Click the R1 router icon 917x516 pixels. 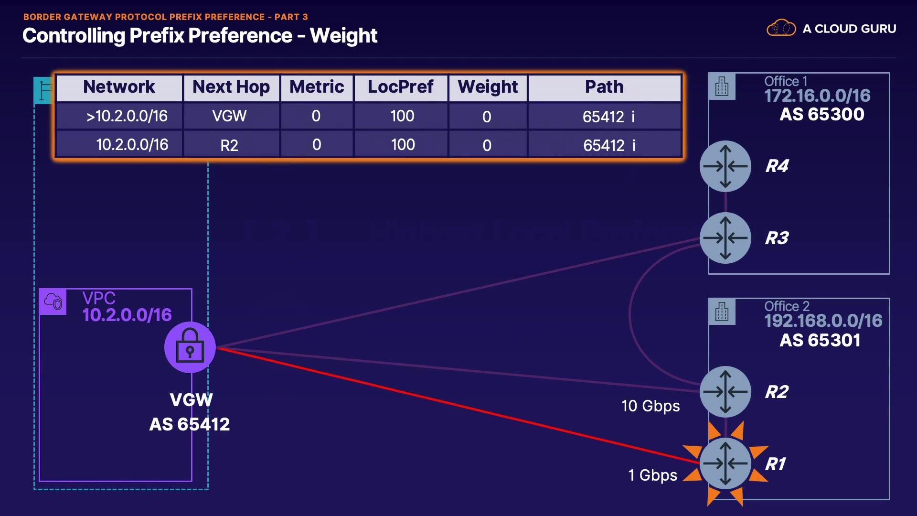(x=725, y=463)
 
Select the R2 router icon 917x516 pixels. (x=725, y=391)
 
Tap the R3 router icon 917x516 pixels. (x=725, y=238)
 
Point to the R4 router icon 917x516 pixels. (x=725, y=166)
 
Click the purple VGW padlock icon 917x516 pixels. (x=190, y=347)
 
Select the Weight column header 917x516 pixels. (x=488, y=87)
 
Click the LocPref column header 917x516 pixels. (x=400, y=87)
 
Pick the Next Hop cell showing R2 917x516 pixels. (x=229, y=145)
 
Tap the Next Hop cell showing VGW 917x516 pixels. (x=229, y=116)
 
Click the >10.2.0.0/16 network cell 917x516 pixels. (x=127, y=116)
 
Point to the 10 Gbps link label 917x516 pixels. (x=650, y=406)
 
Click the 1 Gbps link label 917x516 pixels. (x=652, y=475)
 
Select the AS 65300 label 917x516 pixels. (x=822, y=115)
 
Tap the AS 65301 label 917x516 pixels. (x=820, y=340)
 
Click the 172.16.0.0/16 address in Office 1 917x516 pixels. (x=817, y=96)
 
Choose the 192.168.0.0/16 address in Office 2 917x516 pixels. (x=823, y=321)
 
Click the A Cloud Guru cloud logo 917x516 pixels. (x=781, y=28)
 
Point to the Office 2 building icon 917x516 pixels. (x=722, y=312)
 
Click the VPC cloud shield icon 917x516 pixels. (x=53, y=301)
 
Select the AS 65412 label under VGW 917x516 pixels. (x=190, y=424)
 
